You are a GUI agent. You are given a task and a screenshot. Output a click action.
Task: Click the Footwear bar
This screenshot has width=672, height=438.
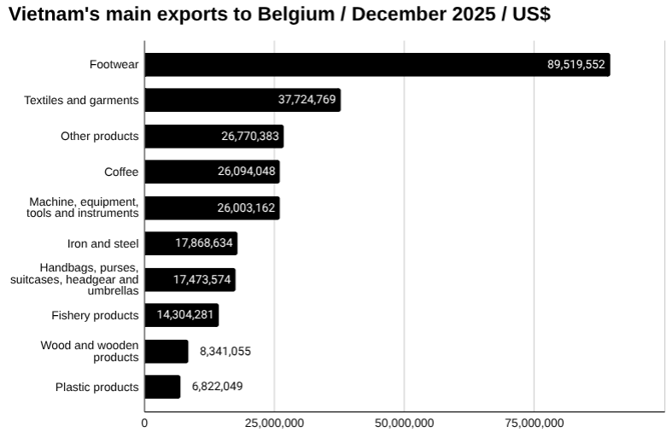(x=376, y=65)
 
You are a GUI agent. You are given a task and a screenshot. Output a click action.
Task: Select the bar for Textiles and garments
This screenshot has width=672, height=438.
(x=242, y=100)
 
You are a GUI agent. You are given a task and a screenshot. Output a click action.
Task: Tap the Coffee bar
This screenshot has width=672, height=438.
(x=212, y=172)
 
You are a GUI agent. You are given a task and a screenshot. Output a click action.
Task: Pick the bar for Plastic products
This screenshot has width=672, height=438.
(x=162, y=387)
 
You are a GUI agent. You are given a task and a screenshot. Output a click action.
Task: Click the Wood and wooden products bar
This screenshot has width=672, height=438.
(x=166, y=351)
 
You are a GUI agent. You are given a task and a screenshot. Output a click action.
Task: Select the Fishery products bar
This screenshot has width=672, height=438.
(x=181, y=315)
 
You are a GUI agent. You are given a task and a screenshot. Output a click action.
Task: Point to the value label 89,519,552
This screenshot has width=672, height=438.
(x=576, y=65)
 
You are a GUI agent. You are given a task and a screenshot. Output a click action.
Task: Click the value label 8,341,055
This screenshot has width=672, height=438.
(x=225, y=351)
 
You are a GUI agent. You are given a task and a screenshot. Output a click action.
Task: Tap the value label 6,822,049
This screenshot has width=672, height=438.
(x=218, y=387)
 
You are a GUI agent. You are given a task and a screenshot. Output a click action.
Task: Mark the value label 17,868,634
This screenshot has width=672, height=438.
(x=204, y=243)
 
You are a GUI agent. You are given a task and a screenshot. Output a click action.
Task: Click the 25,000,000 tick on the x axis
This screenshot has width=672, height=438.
(x=274, y=423)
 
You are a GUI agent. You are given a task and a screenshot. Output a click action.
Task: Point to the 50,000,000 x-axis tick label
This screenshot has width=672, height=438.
(x=404, y=423)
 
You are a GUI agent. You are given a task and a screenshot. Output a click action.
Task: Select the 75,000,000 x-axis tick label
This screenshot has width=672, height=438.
(x=534, y=423)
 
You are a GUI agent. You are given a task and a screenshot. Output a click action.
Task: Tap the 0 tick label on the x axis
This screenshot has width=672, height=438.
(x=144, y=423)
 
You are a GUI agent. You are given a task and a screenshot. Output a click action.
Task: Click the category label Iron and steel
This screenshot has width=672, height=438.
(x=102, y=243)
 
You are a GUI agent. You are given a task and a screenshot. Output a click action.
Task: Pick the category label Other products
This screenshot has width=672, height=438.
(x=99, y=137)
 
